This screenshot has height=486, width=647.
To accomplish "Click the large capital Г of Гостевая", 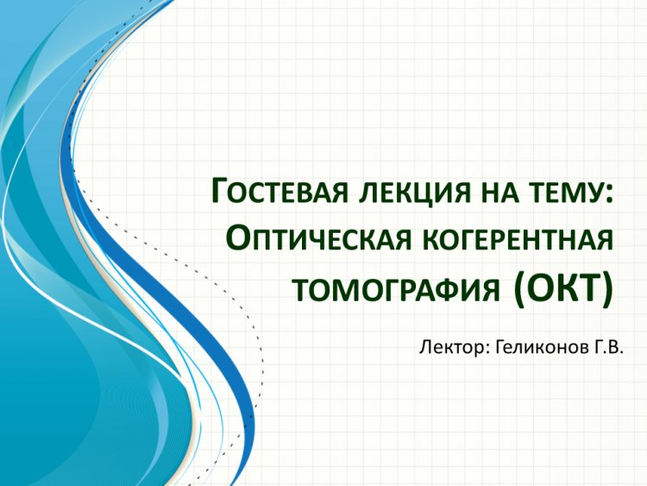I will (221, 190).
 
